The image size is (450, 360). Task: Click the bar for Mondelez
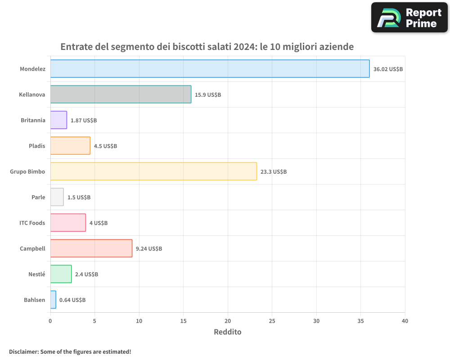(x=210, y=69)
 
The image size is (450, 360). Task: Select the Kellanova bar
(x=121, y=94)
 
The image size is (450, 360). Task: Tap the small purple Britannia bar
(x=58, y=120)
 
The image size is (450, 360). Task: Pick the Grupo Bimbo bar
(x=153, y=171)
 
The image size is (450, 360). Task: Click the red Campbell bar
(x=91, y=248)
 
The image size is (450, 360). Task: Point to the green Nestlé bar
(x=61, y=274)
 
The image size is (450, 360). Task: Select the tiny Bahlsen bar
(x=53, y=300)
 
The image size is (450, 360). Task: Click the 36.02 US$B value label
(x=388, y=69)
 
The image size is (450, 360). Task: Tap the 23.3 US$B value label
(x=273, y=172)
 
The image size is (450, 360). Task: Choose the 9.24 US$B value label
(x=149, y=249)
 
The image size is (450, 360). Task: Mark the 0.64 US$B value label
(x=72, y=300)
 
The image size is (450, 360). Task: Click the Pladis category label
(x=37, y=146)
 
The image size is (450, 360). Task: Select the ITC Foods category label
(x=32, y=223)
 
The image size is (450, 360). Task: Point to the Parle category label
(x=38, y=197)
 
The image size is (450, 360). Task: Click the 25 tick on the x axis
(x=272, y=321)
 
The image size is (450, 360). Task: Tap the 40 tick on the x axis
(x=405, y=321)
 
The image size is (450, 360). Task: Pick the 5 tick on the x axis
(x=94, y=321)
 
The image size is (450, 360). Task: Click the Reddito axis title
(x=227, y=332)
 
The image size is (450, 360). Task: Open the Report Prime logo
(x=409, y=18)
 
